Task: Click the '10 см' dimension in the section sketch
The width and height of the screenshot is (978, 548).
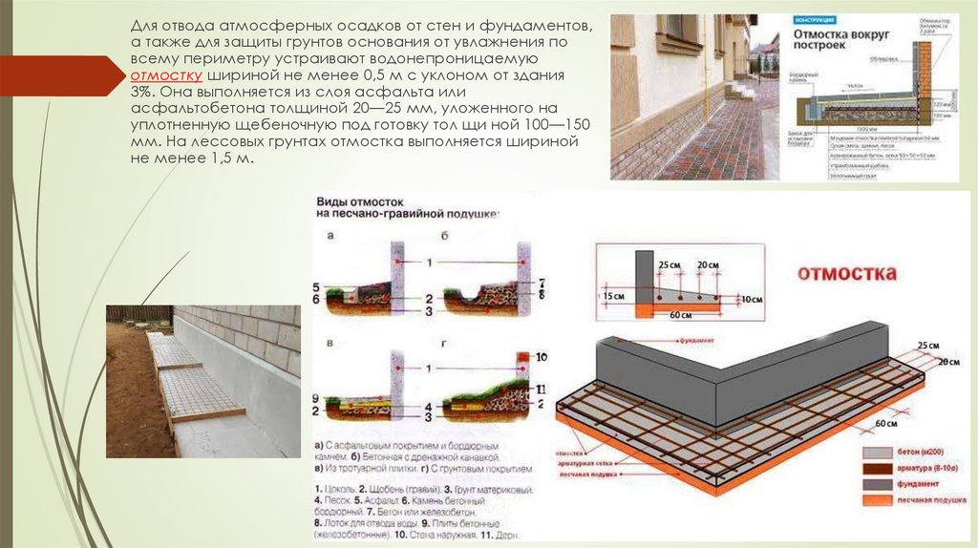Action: [753, 298]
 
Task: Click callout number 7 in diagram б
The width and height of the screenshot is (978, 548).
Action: [542, 284]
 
